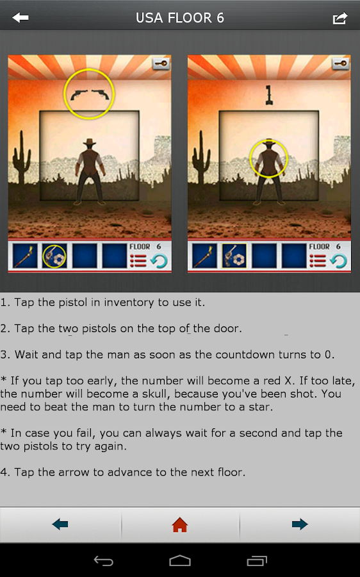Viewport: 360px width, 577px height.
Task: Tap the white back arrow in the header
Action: [20, 17]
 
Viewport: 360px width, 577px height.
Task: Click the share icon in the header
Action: [340, 18]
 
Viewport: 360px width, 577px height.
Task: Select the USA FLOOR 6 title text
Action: [180, 18]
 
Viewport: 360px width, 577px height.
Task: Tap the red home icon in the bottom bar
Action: [180, 524]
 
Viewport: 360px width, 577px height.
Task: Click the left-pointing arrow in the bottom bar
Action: [60, 524]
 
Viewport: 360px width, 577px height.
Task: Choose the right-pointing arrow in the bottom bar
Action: [300, 524]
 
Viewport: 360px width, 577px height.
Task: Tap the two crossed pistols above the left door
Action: [90, 95]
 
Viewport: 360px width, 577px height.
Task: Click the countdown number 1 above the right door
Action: [269, 96]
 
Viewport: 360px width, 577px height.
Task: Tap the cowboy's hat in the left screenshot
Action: [89, 142]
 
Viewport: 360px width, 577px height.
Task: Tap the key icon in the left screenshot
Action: [161, 63]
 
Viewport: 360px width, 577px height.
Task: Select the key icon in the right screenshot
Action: [341, 63]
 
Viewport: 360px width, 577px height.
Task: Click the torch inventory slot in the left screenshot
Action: [25, 256]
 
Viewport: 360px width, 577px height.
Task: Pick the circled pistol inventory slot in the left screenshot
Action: [54, 256]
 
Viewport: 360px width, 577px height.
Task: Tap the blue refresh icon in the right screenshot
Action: [338, 260]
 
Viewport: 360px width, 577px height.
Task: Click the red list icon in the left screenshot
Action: [138, 260]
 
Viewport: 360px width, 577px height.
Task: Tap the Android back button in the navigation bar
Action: [103, 560]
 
